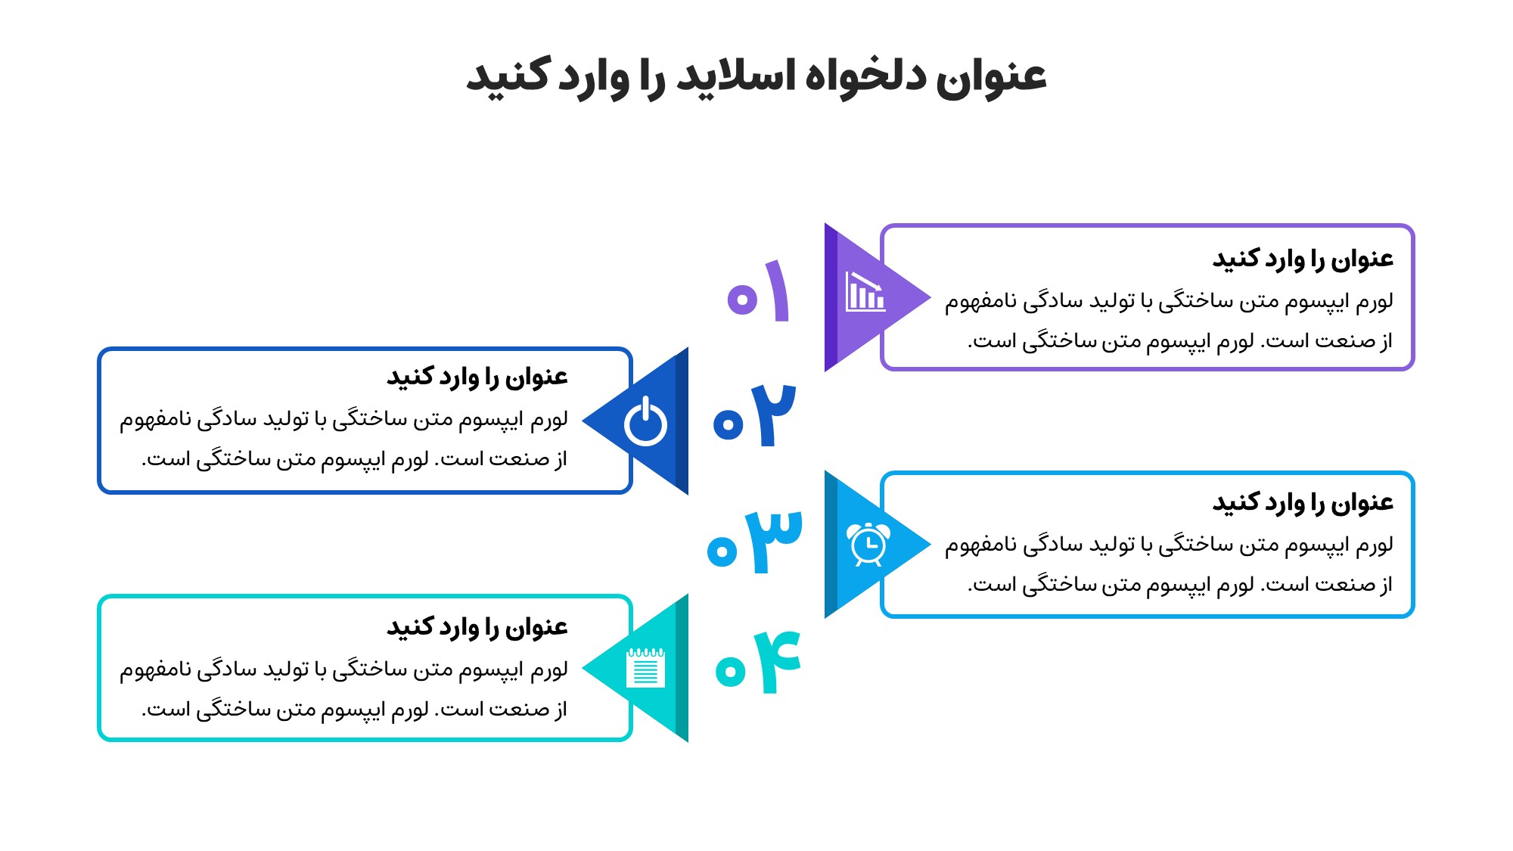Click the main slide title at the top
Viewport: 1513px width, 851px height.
(x=756, y=76)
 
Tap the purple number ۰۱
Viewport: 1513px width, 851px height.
(x=759, y=291)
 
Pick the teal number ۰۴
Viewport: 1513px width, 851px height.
(x=758, y=662)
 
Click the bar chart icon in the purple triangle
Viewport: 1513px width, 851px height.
(x=865, y=291)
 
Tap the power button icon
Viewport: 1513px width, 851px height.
(x=645, y=421)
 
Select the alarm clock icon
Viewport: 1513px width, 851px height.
(x=868, y=544)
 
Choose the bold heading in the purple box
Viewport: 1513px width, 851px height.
(x=1303, y=259)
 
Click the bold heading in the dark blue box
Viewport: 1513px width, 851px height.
(x=477, y=377)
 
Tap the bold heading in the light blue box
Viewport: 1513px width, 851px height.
(x=1303, y=503)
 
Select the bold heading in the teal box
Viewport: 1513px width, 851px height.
(x=477, y=627)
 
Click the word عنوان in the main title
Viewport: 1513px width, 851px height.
(x=992, y=76)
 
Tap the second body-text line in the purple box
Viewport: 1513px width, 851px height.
(x=1180, y=341)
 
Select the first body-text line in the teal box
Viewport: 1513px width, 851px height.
(x=343, y=669)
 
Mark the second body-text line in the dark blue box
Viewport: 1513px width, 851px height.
(x=355, y=459)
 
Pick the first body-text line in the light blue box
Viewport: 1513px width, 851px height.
(x=1169, y=545)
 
